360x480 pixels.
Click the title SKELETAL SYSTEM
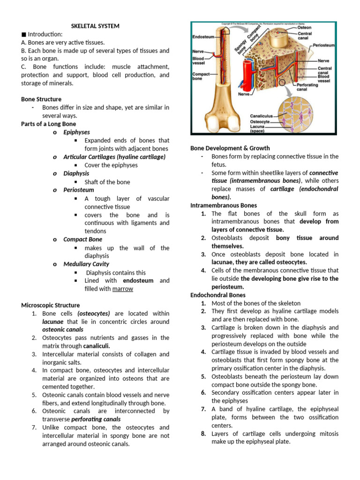[x=95, y=26]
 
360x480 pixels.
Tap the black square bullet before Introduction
[x=23, y=34]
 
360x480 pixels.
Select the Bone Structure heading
[x=41, y=99]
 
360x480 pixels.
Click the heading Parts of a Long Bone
[x=48, y=124]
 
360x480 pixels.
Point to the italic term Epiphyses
[x=76, y=132]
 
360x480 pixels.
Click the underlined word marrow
[x=122, y=289]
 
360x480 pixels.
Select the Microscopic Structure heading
[x=50, y=305]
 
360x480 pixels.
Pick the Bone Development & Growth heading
[x=230, y=148]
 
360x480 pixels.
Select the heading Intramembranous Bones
[x=224, y=205]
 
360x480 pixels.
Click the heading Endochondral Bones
[x=217, y=295]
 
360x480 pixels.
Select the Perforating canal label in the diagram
[x=308, y=87]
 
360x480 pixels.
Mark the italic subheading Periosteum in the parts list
[x=79, y=190]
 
